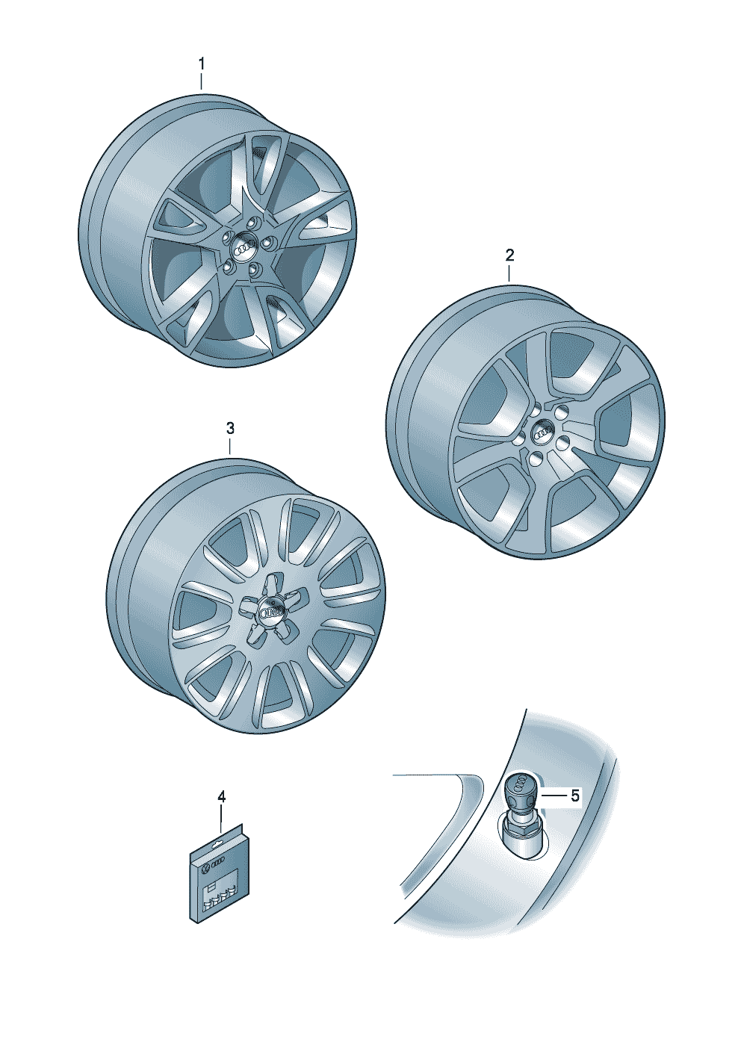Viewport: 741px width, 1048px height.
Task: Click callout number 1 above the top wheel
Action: coord(202,64)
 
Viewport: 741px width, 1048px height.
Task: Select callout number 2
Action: coord(509,255)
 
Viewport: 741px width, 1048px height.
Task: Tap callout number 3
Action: coord(229,428)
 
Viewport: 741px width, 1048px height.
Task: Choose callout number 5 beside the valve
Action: coord(575,795)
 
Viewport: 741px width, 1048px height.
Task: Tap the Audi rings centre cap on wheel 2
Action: coord(544,434)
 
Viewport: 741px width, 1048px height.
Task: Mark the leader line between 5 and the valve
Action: coord(552,795)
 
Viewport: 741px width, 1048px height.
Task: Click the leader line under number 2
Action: coord(509,273)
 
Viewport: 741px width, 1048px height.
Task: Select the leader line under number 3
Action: coord(229,446)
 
